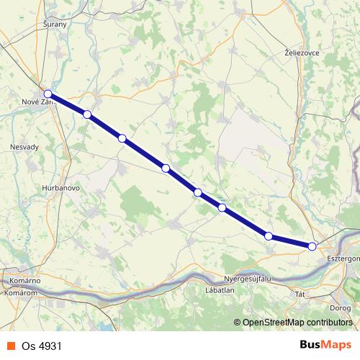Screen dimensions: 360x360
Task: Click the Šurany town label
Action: point(55,24)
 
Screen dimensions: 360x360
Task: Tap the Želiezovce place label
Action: point(302,53)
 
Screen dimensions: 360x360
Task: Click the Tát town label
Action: point(301,294)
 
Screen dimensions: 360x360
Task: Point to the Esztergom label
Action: point(343,257)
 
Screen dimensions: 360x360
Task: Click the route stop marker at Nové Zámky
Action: point(48,94)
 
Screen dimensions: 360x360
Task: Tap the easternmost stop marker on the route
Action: point(312,246)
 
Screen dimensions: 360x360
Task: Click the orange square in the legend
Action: point(11,346)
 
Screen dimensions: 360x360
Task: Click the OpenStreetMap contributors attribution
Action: point(297,323)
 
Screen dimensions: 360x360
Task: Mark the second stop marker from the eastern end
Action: point(268,235)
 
